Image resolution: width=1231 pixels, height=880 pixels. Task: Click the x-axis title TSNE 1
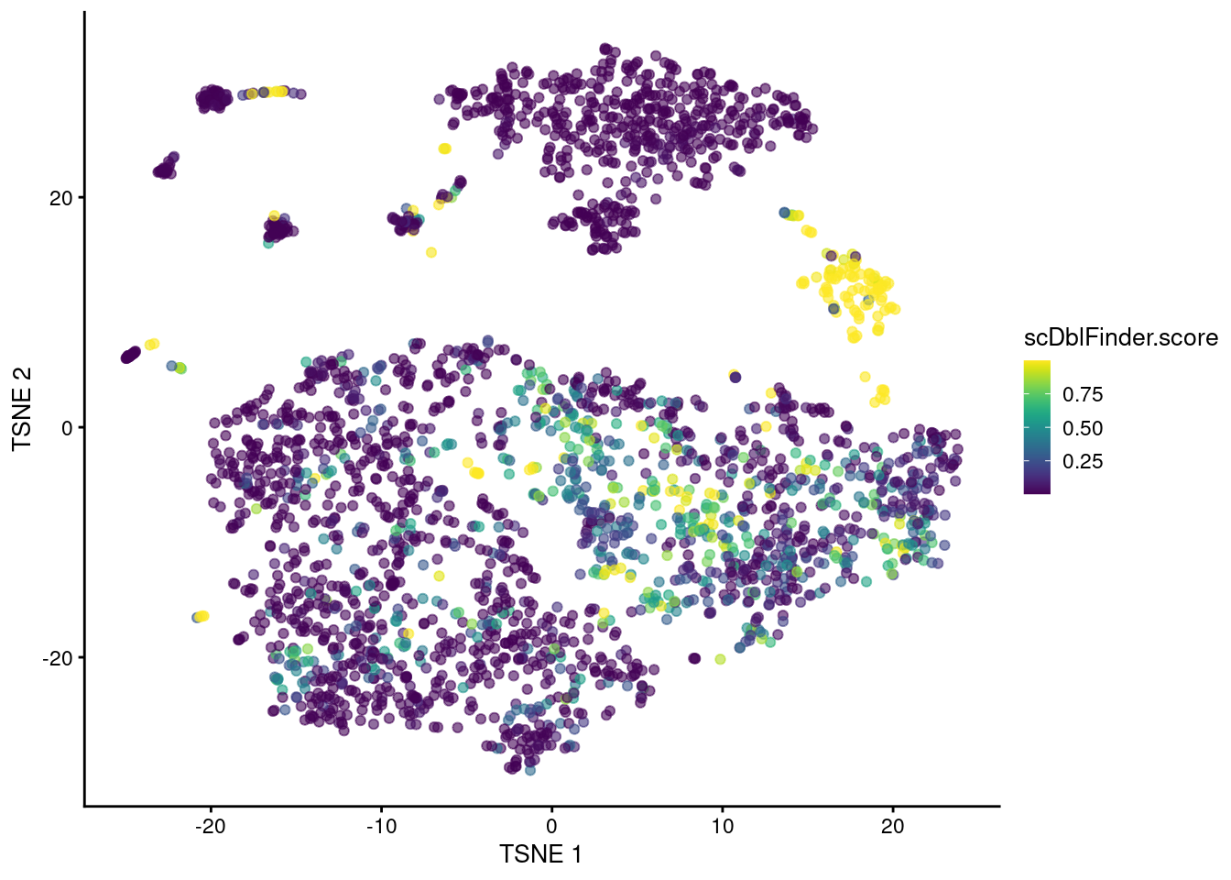point(540,854)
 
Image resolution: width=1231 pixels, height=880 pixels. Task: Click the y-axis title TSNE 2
point(22,409)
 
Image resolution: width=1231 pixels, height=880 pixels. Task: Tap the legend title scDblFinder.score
point(1120,338)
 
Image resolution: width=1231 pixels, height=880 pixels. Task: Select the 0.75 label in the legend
point(1083,394)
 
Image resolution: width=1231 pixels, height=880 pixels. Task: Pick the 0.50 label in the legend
point(1083,428)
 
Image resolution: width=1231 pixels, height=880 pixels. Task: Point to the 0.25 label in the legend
point(1083,461)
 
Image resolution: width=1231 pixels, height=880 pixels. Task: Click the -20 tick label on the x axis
point(211,826)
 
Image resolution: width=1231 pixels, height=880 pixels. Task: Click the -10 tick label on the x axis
point(381,826)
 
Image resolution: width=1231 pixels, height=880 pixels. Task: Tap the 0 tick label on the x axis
point(551,826)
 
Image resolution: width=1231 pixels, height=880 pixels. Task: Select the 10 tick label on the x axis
point(722,826)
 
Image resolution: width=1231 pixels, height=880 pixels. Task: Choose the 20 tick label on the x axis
point(892,826)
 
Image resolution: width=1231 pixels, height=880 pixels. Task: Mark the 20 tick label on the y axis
point(60,198)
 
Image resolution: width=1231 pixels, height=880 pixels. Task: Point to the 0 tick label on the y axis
point(67,428)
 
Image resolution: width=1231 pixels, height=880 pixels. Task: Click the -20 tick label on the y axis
point(57,658)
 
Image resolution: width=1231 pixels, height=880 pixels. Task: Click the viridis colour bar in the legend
point(1037,428)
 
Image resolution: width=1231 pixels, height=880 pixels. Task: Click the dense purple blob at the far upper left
point(213,97)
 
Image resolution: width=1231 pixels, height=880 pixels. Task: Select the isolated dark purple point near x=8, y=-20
point(694,658)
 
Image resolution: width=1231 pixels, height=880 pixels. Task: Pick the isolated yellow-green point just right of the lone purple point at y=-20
point(720,659)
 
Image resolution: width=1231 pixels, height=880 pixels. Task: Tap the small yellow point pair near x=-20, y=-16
point(202,616)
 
